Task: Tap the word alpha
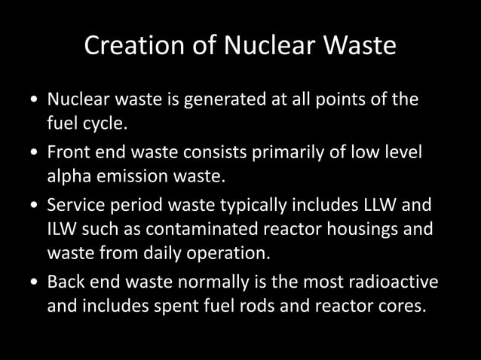69,175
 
